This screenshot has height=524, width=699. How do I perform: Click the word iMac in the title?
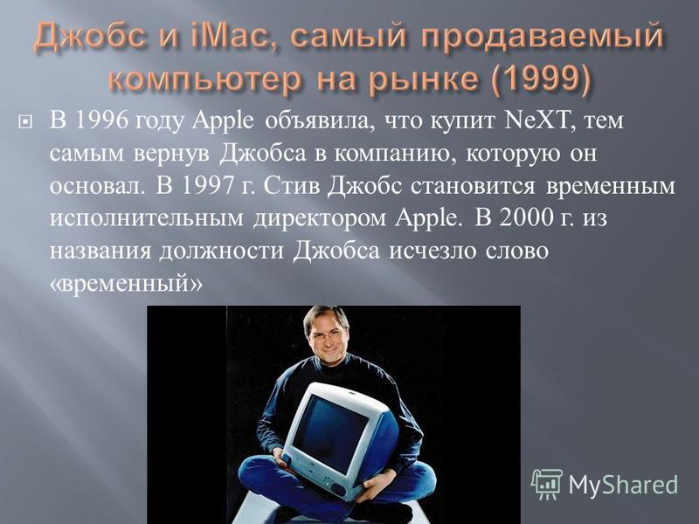234,37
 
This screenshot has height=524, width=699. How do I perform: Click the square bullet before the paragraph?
25,121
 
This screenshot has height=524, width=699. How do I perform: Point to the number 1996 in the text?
102,121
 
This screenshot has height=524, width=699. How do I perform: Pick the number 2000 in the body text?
527,218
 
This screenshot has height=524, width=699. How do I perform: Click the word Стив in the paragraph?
292,186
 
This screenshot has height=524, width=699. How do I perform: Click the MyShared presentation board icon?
547,484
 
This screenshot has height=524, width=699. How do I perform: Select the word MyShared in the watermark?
623,484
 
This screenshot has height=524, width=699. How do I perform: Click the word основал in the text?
98,186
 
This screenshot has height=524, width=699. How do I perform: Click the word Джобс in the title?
90,38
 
